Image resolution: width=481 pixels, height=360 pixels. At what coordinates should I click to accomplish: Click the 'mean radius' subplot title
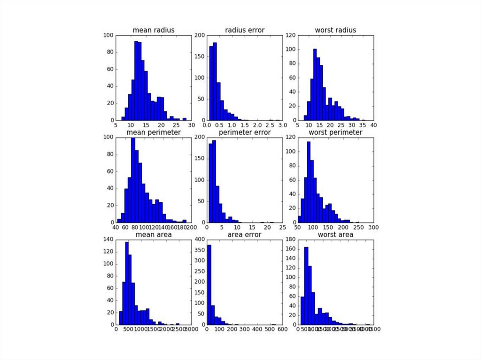[x=154, y=31]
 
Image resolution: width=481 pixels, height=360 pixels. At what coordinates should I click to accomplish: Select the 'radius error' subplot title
[x=244, y=31]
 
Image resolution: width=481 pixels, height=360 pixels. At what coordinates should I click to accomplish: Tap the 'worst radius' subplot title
[x=335, y=31]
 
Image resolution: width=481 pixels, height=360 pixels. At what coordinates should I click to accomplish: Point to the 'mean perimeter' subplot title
[x=154, y=132]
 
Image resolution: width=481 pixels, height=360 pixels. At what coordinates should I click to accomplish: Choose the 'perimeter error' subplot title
[x=244, y=132]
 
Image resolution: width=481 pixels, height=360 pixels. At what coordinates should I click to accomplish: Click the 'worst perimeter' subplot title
[x=335, y=132]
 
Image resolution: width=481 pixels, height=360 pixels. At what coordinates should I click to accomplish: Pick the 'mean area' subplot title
[x=154, y=234]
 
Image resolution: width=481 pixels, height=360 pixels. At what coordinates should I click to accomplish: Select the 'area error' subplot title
[x=244, y=234]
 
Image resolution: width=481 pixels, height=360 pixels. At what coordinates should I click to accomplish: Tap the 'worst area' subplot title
[x=335, y=234]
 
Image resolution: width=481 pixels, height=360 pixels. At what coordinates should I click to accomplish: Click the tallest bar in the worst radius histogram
[x=315, y=84]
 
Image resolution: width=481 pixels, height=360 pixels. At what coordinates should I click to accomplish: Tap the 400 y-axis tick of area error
[x=199, y=239]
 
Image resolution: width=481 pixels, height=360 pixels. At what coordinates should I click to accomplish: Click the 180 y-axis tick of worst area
[x=290, y=239]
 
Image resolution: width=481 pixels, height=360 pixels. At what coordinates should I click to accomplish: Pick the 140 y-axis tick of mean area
[x=109, y=239]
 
